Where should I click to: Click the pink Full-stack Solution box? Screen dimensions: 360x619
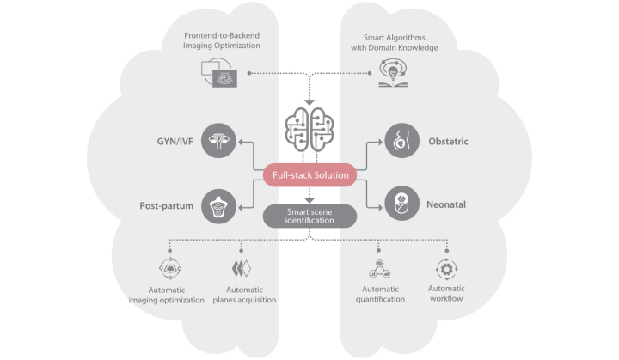tap(310, 176)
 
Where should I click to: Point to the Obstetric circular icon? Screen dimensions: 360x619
tap(400, 139)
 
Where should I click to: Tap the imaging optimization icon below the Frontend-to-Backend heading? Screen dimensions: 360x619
tap(218, 75)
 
